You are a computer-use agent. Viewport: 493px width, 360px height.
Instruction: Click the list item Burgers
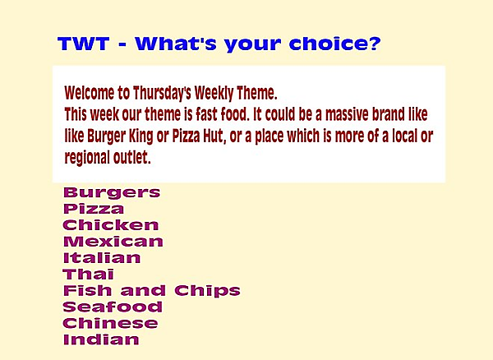pyautogui.click(x=111, y=193)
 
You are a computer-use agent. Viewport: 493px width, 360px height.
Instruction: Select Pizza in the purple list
pyautogui.click(x=94, y=209)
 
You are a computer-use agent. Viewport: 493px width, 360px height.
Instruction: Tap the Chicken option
pyautogui.click(x=110, y=225)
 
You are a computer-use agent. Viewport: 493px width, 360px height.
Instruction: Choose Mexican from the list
pyautogui.click(x=113, y=242)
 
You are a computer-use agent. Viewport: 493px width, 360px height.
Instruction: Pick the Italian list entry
pyautogui.click(x=101, y=258)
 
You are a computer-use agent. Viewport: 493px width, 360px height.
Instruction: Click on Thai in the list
pyautogui.click(x=88, y=275)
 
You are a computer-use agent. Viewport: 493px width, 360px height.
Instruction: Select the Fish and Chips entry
pyautogui.click(x=151, y=290)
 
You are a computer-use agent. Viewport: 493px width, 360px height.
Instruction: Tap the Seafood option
pyautogui.click(x=112, y=307)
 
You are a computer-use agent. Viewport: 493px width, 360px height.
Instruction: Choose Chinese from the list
pyautogui.click(x=109, y=323)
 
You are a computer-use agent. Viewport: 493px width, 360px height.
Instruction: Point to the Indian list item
pyautogui.click(x=100, y=339)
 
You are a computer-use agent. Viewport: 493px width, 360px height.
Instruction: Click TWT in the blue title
pyautogui.click(x=82, y=44)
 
